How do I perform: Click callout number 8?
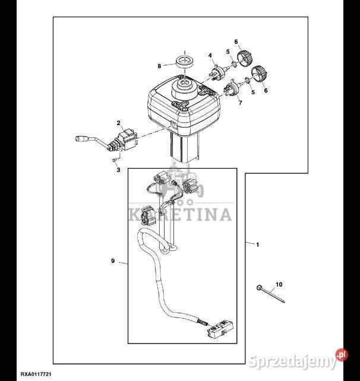[x=159, y=66]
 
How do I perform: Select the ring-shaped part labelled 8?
[x=185, y=61]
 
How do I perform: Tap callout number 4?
[x=210, y=56]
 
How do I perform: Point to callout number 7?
[x=241, y=103]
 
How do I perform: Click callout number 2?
[x=118, y=123]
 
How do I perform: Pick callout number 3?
[x=118, y=170]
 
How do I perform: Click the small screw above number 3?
[x=113, y=160]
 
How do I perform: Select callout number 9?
[x=113, y=261]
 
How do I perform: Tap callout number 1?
[x=258, y=245]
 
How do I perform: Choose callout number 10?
[x=279, y=284]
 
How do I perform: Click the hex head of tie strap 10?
[x=259, y=287]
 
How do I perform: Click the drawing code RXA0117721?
[x=36, y=374]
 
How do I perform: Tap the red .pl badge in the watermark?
[x=342, y=355]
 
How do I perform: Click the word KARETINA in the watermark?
[x=180, y=214]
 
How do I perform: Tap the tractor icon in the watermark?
[x=181, y=180]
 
